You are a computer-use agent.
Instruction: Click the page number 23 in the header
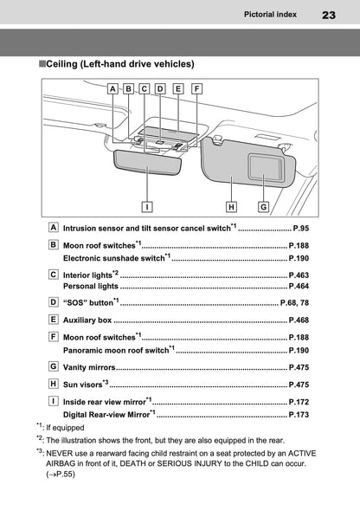point(329,15)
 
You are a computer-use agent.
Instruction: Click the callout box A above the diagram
point(112,88)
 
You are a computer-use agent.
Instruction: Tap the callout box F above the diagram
point(196,88)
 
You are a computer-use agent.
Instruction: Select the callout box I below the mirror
point(147,207)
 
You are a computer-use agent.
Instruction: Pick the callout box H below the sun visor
point(231,207)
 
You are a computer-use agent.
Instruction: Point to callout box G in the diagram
point(263,207)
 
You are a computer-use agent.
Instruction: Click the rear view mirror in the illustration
point(148,163)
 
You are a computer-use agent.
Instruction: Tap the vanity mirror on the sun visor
point(265,167)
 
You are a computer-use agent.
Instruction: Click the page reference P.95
point(301,228)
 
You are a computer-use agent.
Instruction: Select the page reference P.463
point(299,275)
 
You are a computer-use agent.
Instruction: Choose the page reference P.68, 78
point(294,303)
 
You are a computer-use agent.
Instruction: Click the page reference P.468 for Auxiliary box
point(299,320)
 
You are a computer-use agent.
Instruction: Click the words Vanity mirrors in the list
point(89,367)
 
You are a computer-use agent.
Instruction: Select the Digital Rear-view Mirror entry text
point(106,415)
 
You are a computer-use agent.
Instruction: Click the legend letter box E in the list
point(54,320)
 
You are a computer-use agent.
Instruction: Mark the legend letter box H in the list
point(54,384)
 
